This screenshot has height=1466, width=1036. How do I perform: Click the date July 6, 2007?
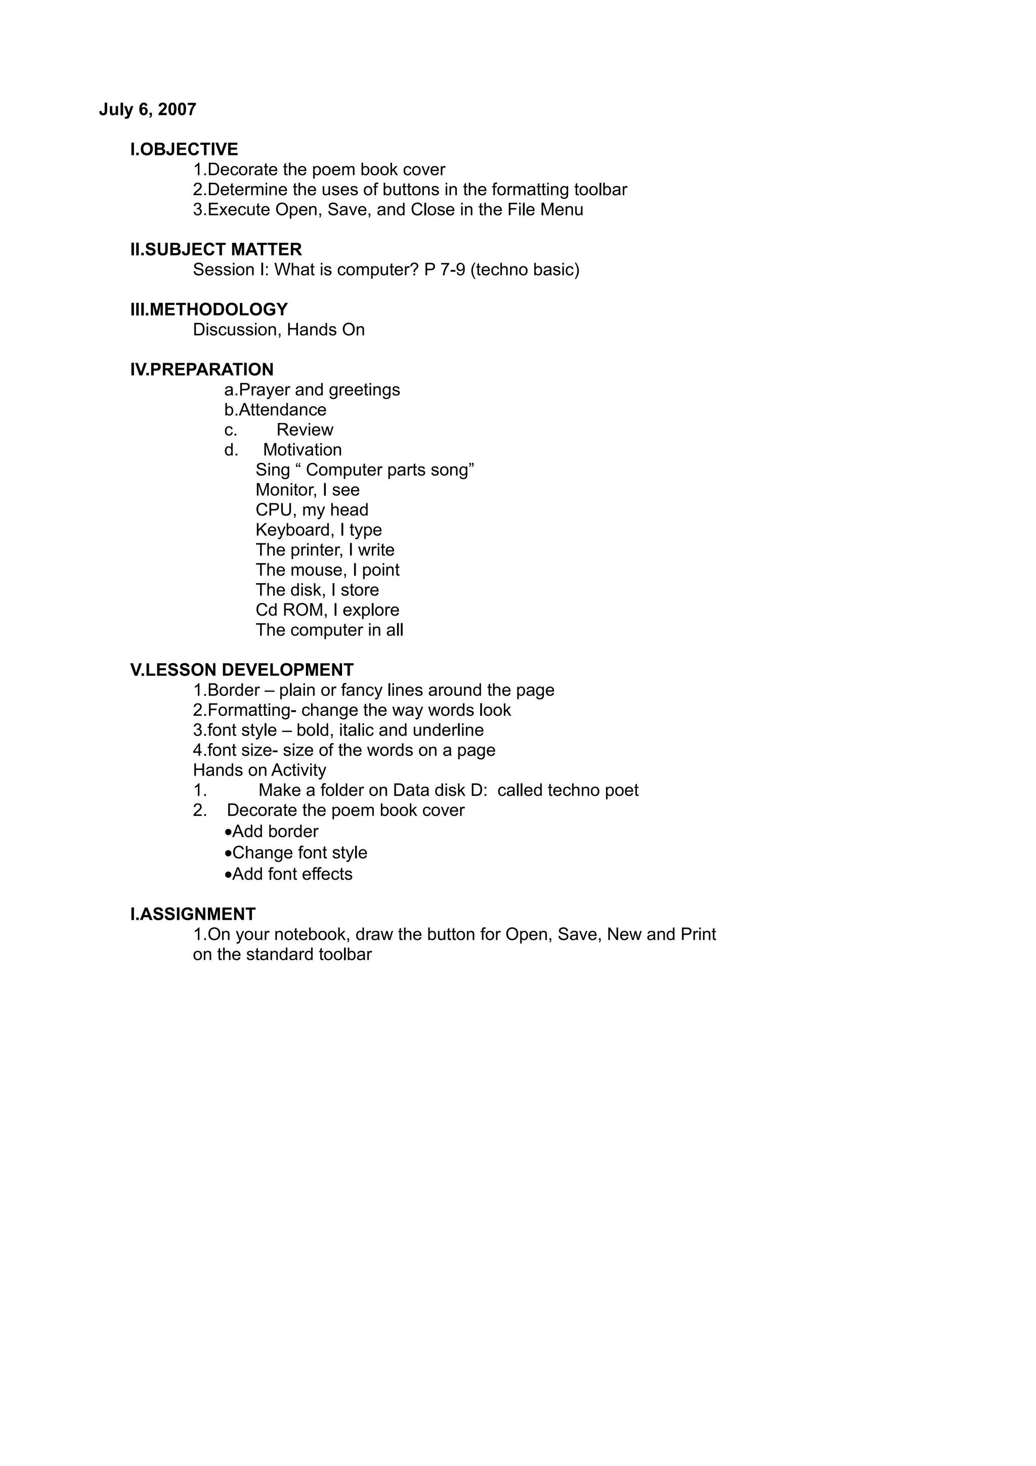(x=147, y=110)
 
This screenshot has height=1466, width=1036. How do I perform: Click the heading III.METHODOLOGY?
(x=209, y=309)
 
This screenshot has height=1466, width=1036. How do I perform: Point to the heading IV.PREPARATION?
(x=202, y=369)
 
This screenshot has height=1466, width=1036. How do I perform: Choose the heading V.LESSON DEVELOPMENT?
(x=241, y=670)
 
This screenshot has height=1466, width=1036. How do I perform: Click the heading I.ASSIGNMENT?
(x=193, y=914)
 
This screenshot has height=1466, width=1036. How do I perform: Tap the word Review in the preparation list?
(x=305, y=429)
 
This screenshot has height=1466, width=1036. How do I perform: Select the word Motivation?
(x=302, y=450)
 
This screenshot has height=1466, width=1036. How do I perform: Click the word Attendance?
(x=282, y=409)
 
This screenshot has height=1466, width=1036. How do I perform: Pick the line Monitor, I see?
(x=308, y=490)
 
